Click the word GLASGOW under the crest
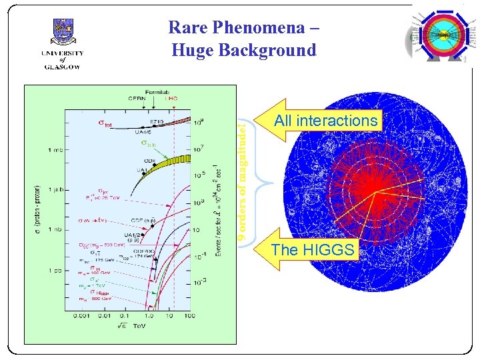[63, 66]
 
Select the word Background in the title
[270, 50]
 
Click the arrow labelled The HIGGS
[313, 250]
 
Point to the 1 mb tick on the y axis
[56, 150]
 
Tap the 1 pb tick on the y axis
[56, 270]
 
